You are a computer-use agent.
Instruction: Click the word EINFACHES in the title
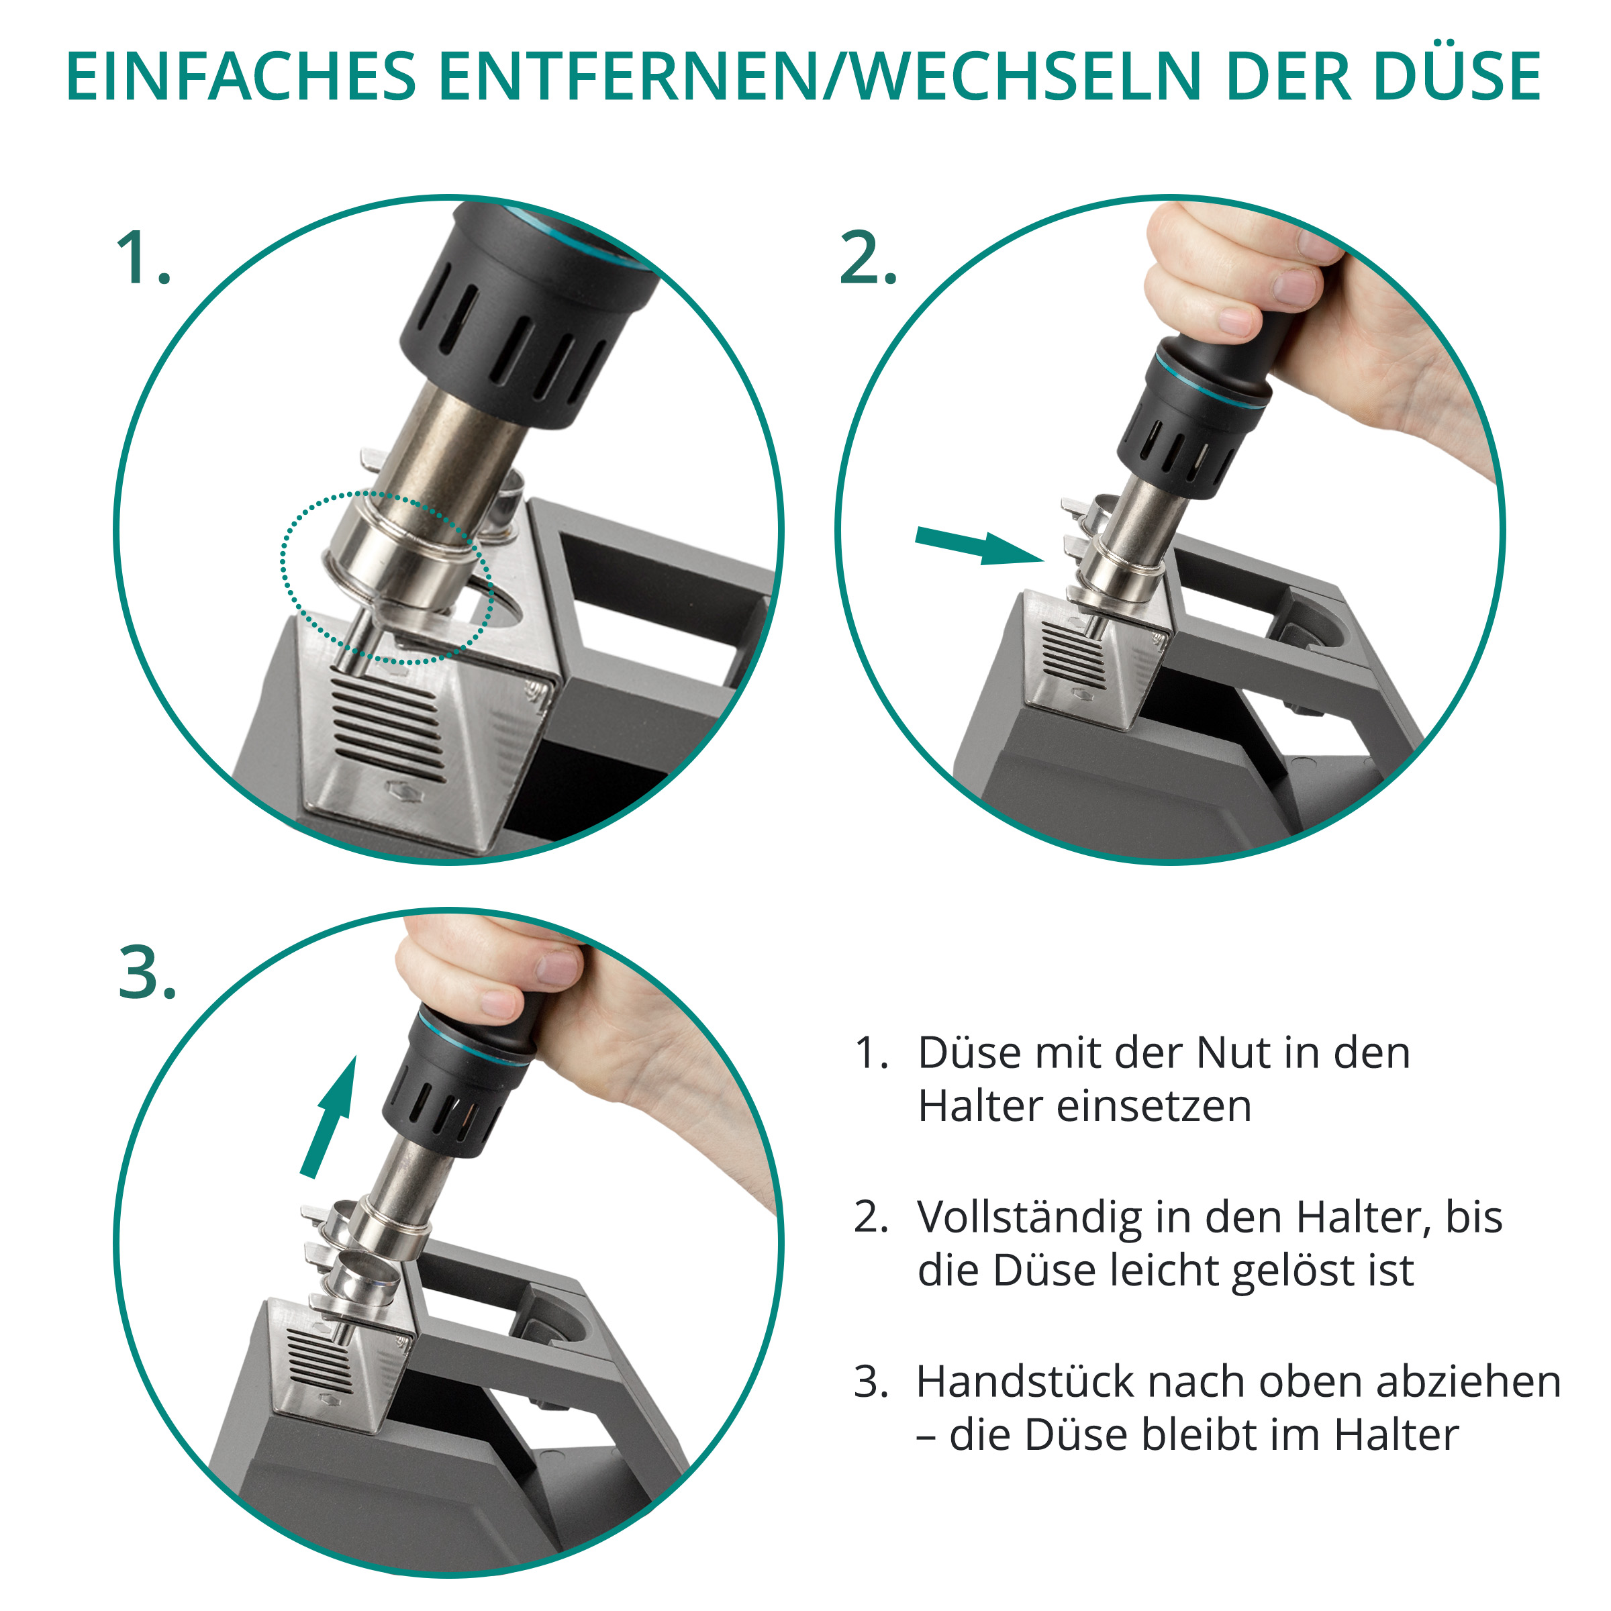tap(241, 77)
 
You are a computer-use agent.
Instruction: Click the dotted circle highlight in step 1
tap(283, 575)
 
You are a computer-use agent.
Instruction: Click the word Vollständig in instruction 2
tap(1030, 1218)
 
